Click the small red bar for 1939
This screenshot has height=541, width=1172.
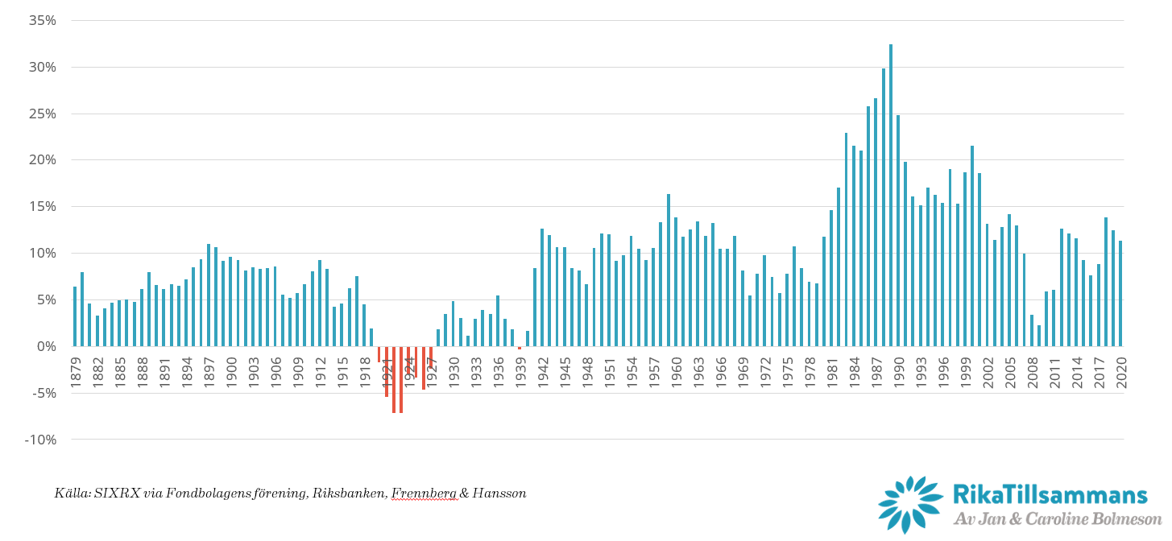click(x=520, y=348)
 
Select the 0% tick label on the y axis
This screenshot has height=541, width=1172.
click(x=45, y=347)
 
